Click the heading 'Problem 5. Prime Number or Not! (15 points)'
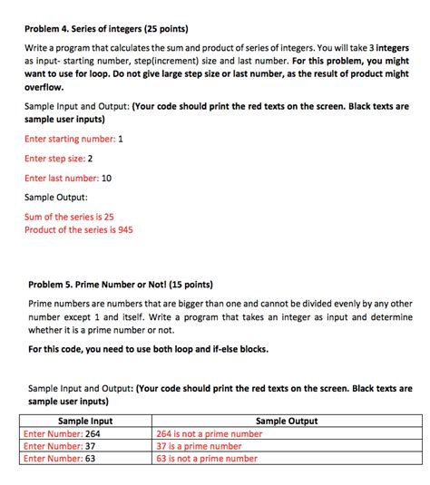point(121,283)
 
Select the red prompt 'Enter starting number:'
point(69,139)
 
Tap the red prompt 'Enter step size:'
point(54,159)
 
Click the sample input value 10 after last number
point(106,179)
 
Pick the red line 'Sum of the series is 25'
point(69,218)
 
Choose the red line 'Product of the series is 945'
point(79,230)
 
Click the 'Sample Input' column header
point(85,422)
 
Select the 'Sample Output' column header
point(287,422)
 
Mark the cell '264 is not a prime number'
point(210,434)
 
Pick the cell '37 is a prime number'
point(200,446)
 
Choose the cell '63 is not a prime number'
point(207,459)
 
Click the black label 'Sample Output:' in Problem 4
point(55,198)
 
